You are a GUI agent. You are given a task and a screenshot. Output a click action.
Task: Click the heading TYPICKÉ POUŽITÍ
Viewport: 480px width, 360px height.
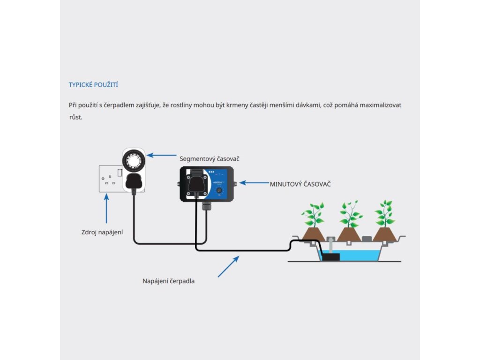tap(93, 85)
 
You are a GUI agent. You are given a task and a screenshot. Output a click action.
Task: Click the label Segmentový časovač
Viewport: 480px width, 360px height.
tap(207, 159)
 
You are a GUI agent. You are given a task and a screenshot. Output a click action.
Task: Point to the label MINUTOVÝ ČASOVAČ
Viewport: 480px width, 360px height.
tap(300, 184)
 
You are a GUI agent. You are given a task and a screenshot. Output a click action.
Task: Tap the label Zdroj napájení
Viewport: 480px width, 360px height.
tap(102, 232)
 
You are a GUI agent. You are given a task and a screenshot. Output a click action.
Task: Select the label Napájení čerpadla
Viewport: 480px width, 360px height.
tap(168, 281)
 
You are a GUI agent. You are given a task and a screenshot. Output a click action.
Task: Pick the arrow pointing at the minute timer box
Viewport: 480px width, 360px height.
tap(253, 183)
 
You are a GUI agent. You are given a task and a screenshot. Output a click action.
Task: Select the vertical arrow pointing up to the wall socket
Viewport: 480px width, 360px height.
tap(107, 209)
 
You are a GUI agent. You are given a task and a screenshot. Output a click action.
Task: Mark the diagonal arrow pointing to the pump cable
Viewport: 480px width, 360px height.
tap(228, 266)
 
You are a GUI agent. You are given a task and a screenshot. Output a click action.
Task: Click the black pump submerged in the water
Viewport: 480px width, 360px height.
tap(331, 256)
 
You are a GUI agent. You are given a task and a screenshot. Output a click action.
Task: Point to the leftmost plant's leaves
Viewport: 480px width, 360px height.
tap(313, 214)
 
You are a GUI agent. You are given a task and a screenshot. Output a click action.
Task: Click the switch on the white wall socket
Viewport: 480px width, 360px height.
tap(120, 173)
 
